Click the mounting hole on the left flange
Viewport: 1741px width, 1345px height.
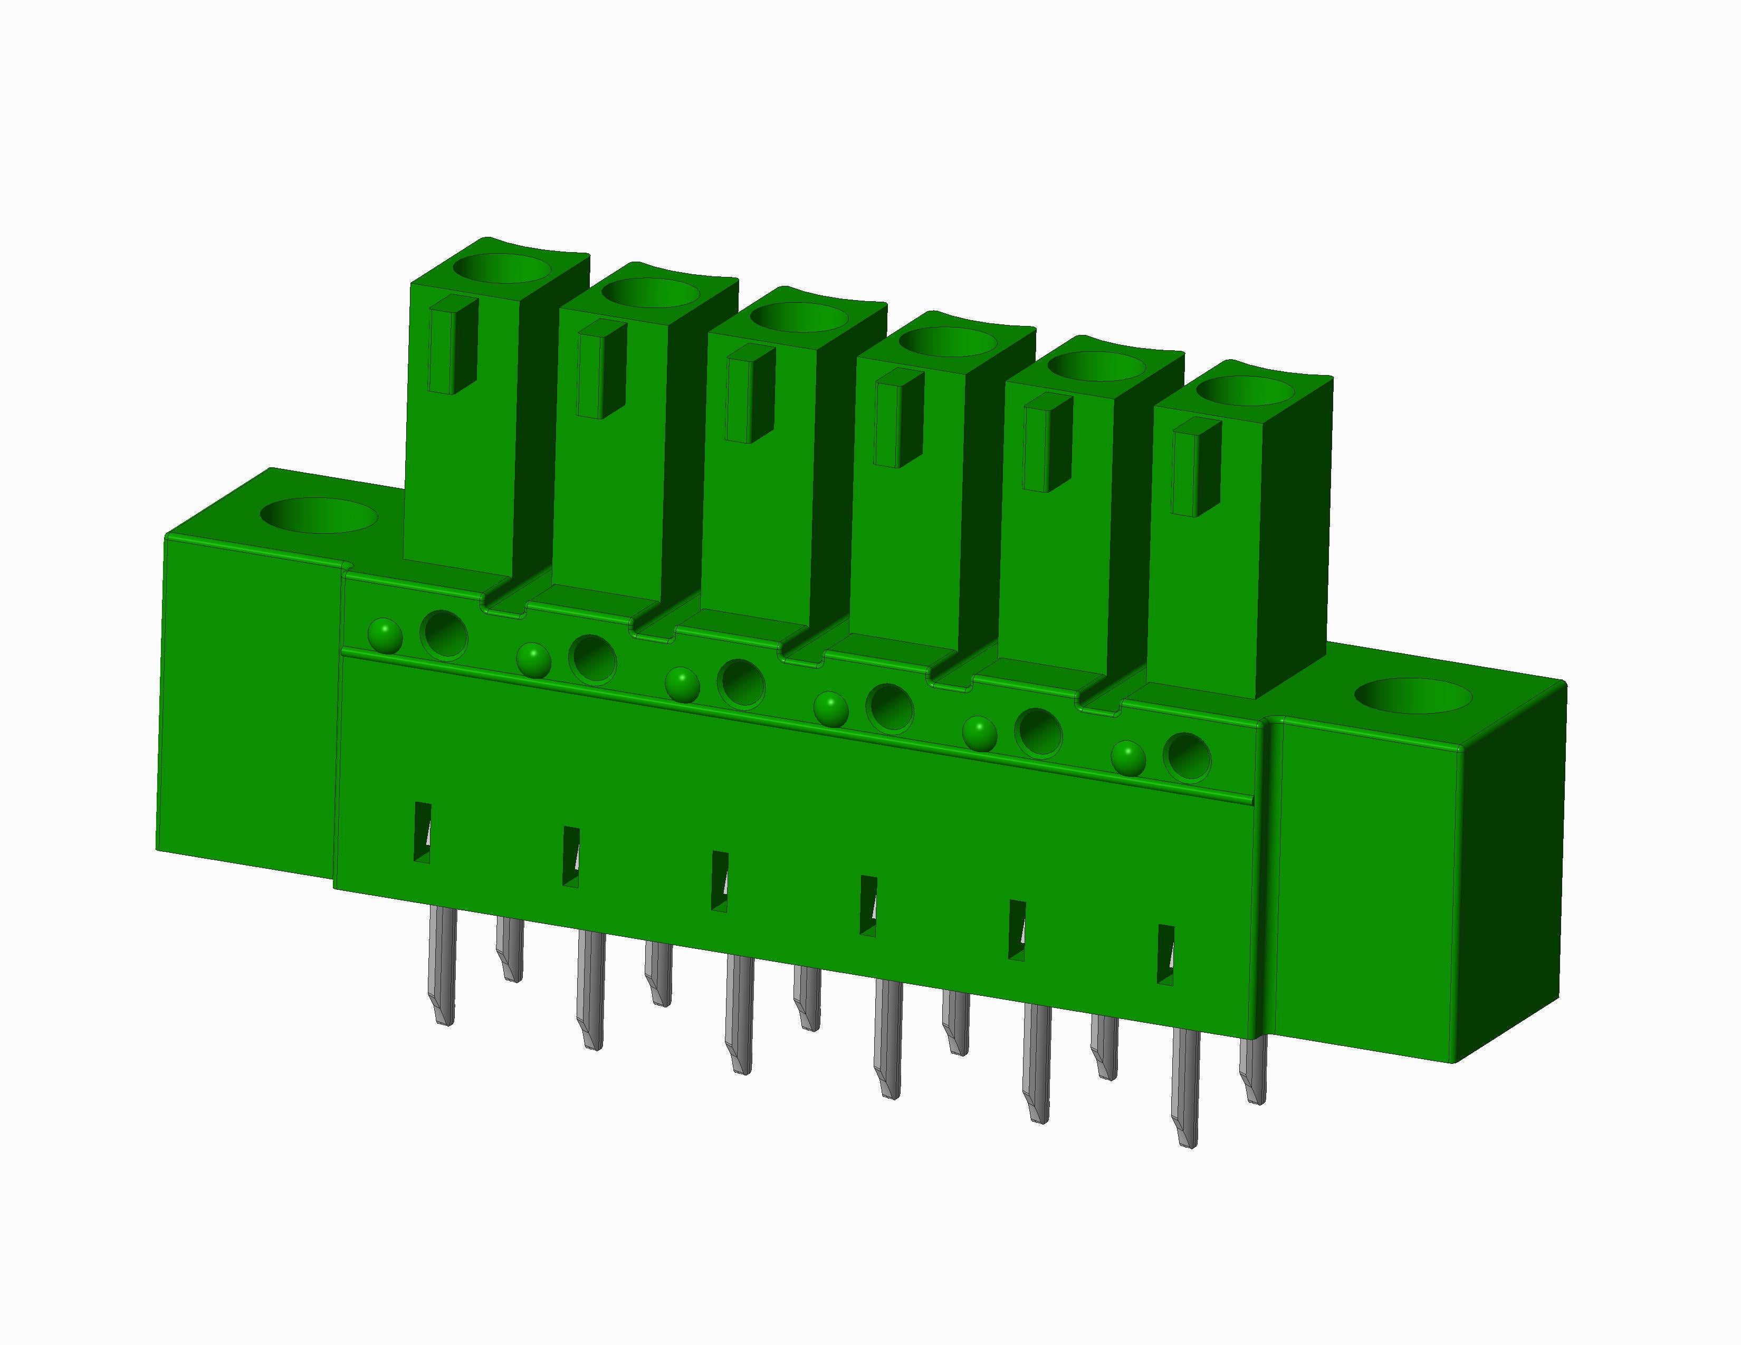[318, 515]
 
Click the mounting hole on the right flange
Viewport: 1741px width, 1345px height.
[1412, 696]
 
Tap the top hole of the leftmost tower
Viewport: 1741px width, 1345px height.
[501, 268]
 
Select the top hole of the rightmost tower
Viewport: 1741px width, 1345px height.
[1246, 391]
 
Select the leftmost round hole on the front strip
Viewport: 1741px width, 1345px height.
[444, 634]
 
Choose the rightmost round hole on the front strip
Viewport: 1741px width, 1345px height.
[1187, 756]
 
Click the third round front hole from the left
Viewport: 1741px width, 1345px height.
[741, 684]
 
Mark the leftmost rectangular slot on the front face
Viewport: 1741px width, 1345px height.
[422, 832]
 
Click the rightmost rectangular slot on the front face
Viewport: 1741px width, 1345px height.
[1165, 955]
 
